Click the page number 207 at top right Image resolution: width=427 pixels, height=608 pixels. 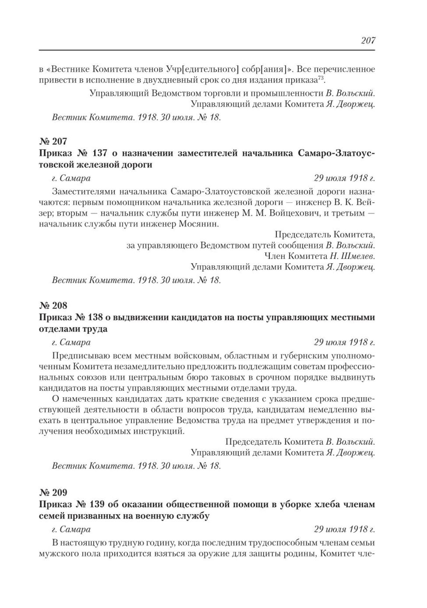click(367, 41)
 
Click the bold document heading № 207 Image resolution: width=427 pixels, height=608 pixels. click(53, 141)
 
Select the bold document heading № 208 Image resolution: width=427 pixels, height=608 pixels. click(53, 305)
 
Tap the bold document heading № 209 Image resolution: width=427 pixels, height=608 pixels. click(53, 492)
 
